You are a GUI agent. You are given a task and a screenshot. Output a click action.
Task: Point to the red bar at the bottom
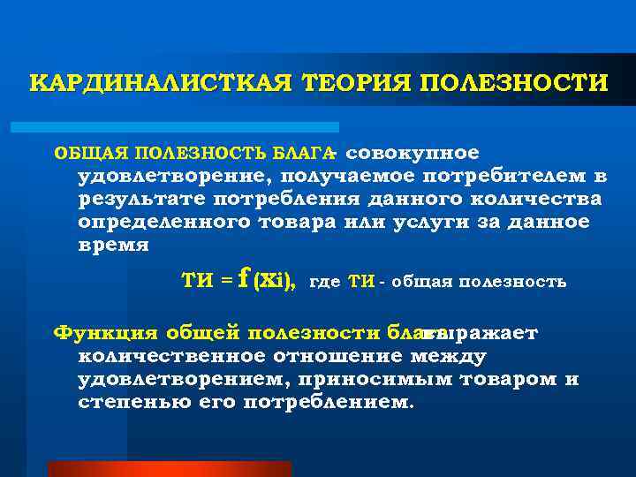click(169, 468)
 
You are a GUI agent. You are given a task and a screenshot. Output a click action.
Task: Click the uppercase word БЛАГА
click(297, 152)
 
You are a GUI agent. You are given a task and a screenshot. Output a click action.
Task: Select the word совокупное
click(412, 152)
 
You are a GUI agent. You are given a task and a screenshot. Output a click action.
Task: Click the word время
click(113, 246)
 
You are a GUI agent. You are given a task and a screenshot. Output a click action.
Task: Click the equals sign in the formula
click(225, 282)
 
